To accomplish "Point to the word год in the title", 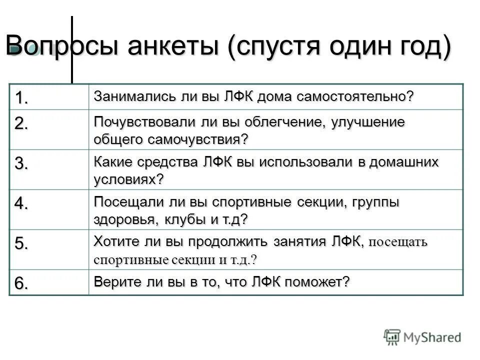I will point(418,48).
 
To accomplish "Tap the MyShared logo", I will point(422,337).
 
